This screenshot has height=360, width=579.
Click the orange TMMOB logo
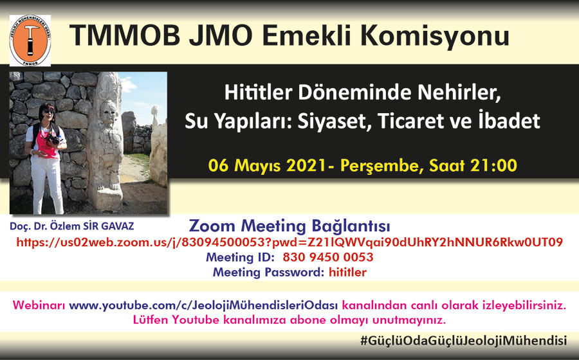(x=30, y=40)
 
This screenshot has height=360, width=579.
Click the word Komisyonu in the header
(x=434, y=36)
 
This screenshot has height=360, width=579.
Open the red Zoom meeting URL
(x=289, y=242)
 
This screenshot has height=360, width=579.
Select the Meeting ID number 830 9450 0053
(x=328, y=257)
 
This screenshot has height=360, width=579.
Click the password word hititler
(x=347, y=272)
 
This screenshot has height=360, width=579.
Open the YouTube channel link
(x=203, y=305)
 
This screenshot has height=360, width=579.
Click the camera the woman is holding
(x=53, y=139)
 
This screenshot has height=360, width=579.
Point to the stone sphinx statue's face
(x=109, y=112)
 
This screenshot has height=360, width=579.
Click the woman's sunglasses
(x=49, y=111)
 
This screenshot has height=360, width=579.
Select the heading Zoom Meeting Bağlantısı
(x=289, y=226)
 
